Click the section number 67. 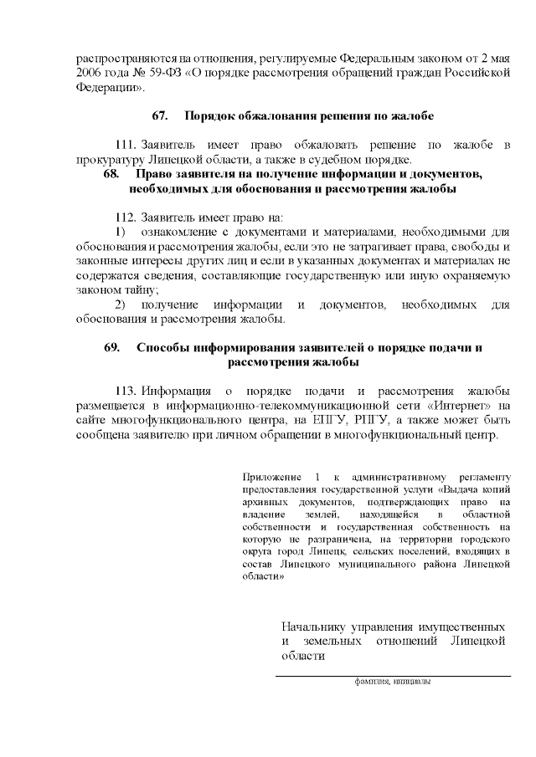pos(160,114)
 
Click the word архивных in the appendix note pos(262,501)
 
